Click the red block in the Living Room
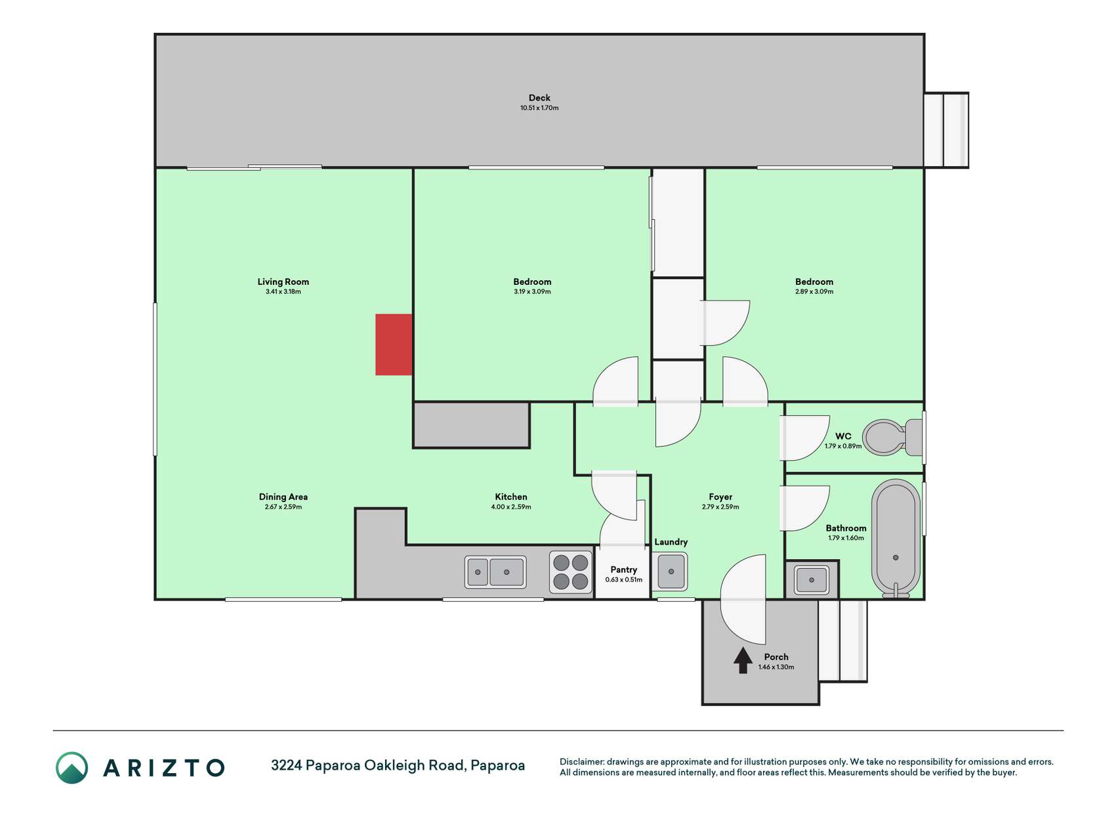coord(394,345)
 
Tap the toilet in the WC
coord(892,437)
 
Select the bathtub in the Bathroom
coord(896,538)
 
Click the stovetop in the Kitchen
coord(570,572)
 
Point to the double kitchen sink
coord(495,572)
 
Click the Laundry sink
coord(671,571)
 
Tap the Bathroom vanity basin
coord(812,579)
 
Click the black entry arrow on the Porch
coord(743,660)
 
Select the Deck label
coord(539,98)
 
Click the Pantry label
coord(623,570)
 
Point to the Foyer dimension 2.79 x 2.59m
coord(720,507)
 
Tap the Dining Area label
coord(283,497)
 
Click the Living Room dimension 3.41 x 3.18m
coord(283,291)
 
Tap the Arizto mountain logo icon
coord(72,767)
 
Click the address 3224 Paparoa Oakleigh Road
coord(368,765)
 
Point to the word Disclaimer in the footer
coord(581,762)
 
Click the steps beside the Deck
coord(946,130)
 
